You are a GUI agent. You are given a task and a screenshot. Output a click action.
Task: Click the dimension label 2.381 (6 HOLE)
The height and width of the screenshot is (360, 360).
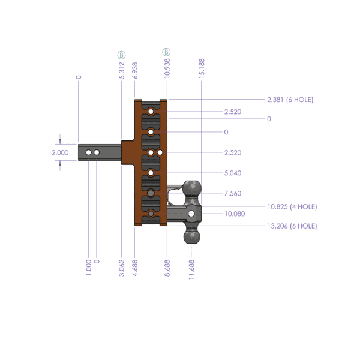click(290, 100)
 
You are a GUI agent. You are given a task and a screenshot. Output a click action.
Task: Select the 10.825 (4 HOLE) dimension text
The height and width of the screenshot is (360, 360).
click(292, 206)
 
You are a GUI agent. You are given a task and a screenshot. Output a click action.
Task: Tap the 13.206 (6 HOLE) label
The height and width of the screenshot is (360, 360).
click(292, 226)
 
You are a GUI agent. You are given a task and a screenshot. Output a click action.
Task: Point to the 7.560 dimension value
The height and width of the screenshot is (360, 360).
click(232, 194)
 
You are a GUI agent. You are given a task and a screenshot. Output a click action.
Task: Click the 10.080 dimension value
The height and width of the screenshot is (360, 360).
click(234, 214)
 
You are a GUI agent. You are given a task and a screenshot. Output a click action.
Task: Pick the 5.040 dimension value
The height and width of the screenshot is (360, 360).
click(232, 173)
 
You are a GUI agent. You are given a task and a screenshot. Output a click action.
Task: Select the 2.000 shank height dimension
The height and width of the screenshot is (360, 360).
click(60, 152)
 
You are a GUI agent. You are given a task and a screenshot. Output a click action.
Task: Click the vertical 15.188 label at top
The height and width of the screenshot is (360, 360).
click(202, 68)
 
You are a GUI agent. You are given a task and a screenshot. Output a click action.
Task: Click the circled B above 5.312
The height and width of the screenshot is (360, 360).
click(122, 55)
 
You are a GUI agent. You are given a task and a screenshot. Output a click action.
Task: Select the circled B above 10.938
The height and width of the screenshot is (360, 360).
click(166, 53)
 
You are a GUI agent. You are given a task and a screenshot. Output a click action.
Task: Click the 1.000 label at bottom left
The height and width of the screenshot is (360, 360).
click(88, 266)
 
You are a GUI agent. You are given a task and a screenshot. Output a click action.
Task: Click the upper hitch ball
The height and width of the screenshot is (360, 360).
click(192, 188)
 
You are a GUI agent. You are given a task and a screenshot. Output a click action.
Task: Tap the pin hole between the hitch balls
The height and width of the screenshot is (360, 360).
click(191, 214)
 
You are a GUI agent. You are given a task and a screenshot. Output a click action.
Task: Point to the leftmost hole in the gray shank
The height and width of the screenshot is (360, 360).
click(88, 154)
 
